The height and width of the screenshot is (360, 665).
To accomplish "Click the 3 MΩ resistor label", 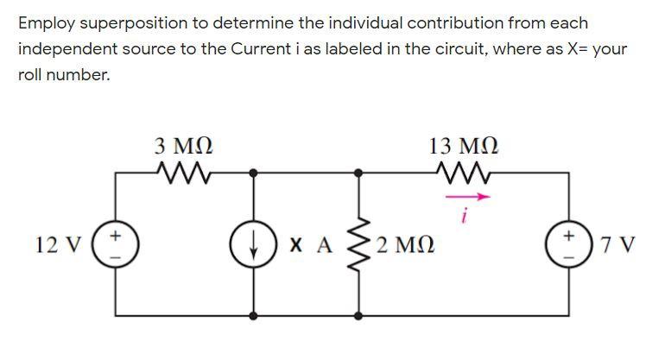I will (182, 145).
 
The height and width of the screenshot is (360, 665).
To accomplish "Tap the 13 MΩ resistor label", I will (463, 145).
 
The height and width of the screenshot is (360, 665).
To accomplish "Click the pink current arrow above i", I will (467, 197).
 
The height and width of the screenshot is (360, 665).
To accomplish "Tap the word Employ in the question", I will (45, 23).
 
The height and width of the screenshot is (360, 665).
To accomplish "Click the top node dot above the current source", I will (254, 173).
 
